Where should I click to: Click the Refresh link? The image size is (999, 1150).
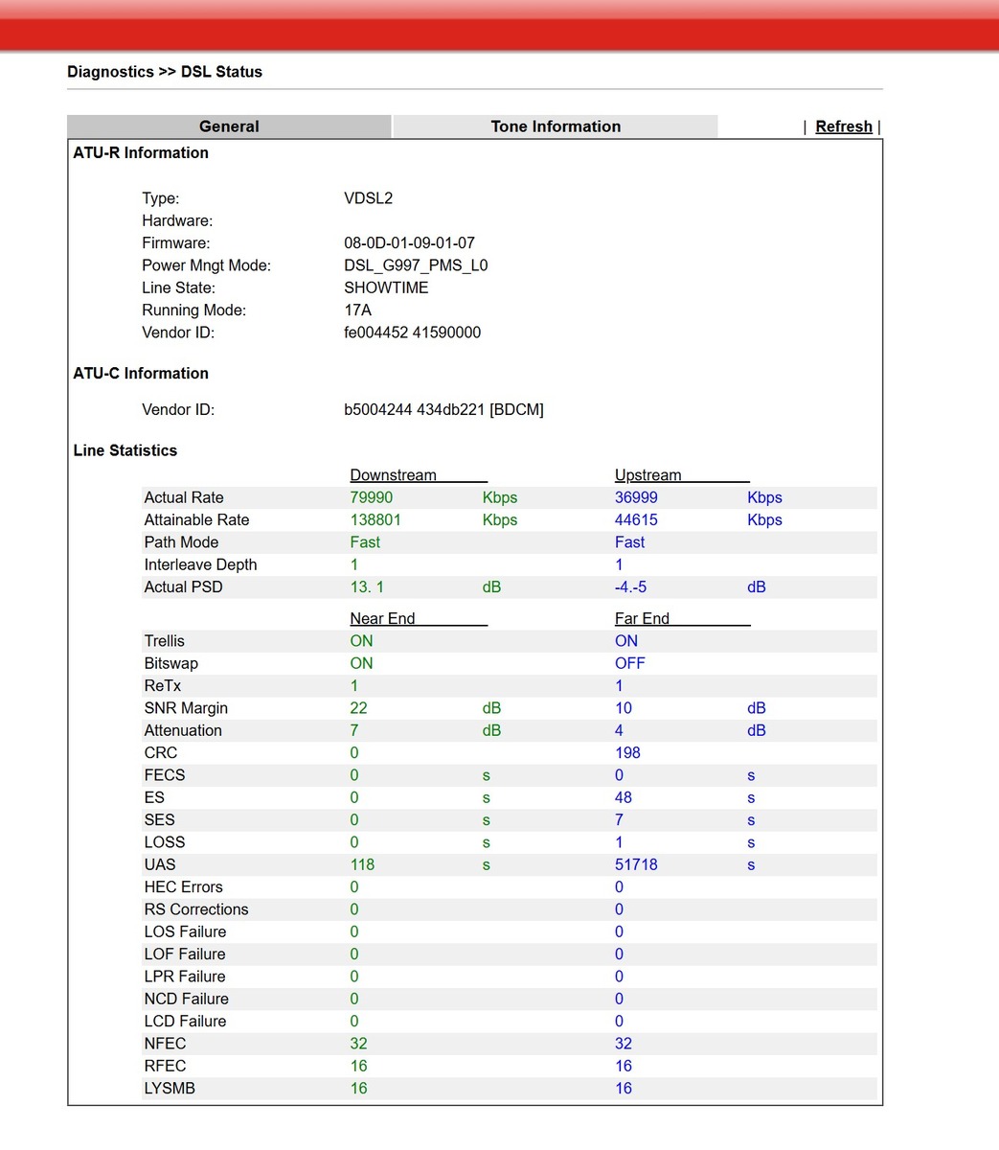click(x=843, y=126)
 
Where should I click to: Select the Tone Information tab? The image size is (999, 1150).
click(x=556, y=126)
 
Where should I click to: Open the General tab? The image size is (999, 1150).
click(x=229, y=126)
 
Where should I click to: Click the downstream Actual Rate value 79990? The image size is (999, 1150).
click(x=372, y=497)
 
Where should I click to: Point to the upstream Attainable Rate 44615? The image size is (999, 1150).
click(x=637, y=519)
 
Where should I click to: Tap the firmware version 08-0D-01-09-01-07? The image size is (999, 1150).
click(x=409, y=243)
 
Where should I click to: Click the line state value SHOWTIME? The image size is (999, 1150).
click(x=386, y=287)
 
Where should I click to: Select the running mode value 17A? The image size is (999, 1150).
click(x=357, y=310)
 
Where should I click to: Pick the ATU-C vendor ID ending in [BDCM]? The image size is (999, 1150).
click(x=443, y=409)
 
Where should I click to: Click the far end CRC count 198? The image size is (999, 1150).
click(x=627, y=752)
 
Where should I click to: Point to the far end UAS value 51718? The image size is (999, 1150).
click(x=636, y=864)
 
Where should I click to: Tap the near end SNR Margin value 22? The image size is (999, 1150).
click(x=359, y=708)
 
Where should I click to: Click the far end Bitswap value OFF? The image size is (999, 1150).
click(x=630, y=663)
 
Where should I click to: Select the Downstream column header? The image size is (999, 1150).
click(x=393, y=475)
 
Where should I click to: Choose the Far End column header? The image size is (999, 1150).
click(x=642, y=619)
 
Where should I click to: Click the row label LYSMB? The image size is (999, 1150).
click(x=170, y=1088)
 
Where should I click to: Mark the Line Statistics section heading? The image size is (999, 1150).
click(x=125, y=450)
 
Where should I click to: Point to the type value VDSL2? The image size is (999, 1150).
click(x=369, y=198)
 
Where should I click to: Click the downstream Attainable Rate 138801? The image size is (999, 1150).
click(x=375, y=519)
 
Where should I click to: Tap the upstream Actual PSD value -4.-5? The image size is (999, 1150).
click(x=630, y=586)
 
